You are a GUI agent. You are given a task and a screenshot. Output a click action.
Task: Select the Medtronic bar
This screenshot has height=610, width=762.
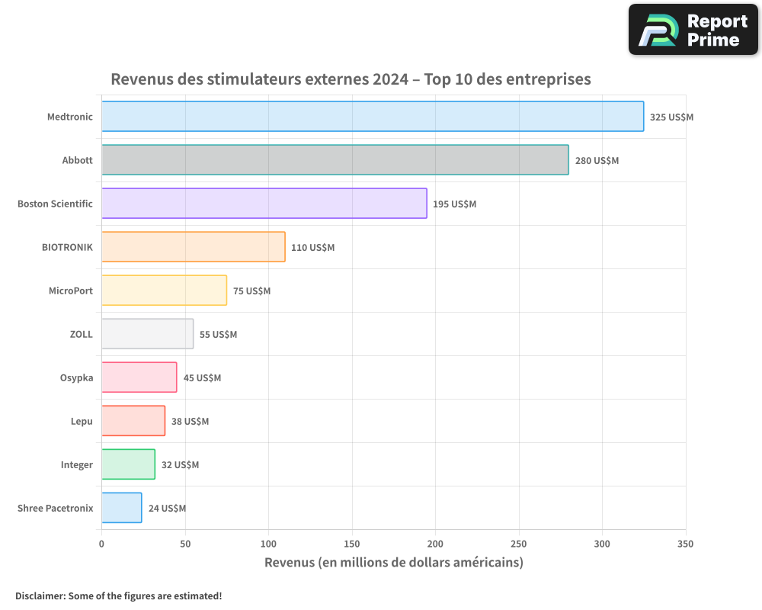tap(373, 117)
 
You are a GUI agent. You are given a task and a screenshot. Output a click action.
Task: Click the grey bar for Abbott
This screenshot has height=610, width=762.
tap(335, 160)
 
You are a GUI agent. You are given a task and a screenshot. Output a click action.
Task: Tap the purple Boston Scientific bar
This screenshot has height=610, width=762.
tap(264, 204)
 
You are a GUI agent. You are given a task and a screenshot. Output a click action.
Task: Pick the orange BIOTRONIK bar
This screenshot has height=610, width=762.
tap(193, 247)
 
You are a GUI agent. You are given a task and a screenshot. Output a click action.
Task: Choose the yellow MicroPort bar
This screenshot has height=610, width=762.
tap(164, 291)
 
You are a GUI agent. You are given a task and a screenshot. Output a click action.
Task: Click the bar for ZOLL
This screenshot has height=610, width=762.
tap(147, 334)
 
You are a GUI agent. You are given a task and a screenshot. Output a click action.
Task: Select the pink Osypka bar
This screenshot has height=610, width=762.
tap(139, 377)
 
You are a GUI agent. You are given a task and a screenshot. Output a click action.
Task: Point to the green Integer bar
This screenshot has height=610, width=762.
tap(128, 464)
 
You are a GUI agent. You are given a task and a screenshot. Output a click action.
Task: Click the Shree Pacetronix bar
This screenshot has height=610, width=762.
tap(121, 508)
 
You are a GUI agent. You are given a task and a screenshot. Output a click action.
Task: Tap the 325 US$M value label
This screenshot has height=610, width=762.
tap(671, 117)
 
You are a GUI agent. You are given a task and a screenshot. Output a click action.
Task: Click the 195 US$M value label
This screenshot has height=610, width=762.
tap(454, 204)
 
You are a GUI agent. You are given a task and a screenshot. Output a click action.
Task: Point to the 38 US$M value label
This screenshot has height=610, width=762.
tap(190, 422)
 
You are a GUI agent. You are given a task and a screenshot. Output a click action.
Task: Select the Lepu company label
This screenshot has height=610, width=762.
tap(82, 422)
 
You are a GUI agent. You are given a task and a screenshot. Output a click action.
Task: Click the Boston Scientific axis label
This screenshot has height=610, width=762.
tap(55, 204)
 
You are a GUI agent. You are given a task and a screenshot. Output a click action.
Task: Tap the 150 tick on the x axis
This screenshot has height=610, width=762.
tap(352, 544)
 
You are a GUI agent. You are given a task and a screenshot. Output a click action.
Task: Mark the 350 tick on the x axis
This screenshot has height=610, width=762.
tap(685, 544)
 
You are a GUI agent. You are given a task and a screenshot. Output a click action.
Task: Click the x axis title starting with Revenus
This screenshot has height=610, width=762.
tap(393, 563)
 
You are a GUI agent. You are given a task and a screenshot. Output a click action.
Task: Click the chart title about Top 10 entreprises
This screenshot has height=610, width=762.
tap(351, 79)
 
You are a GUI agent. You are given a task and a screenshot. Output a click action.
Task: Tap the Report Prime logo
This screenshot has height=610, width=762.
tap(693, 30)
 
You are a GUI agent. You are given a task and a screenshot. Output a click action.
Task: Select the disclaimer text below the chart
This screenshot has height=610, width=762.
tap(118, 596)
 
